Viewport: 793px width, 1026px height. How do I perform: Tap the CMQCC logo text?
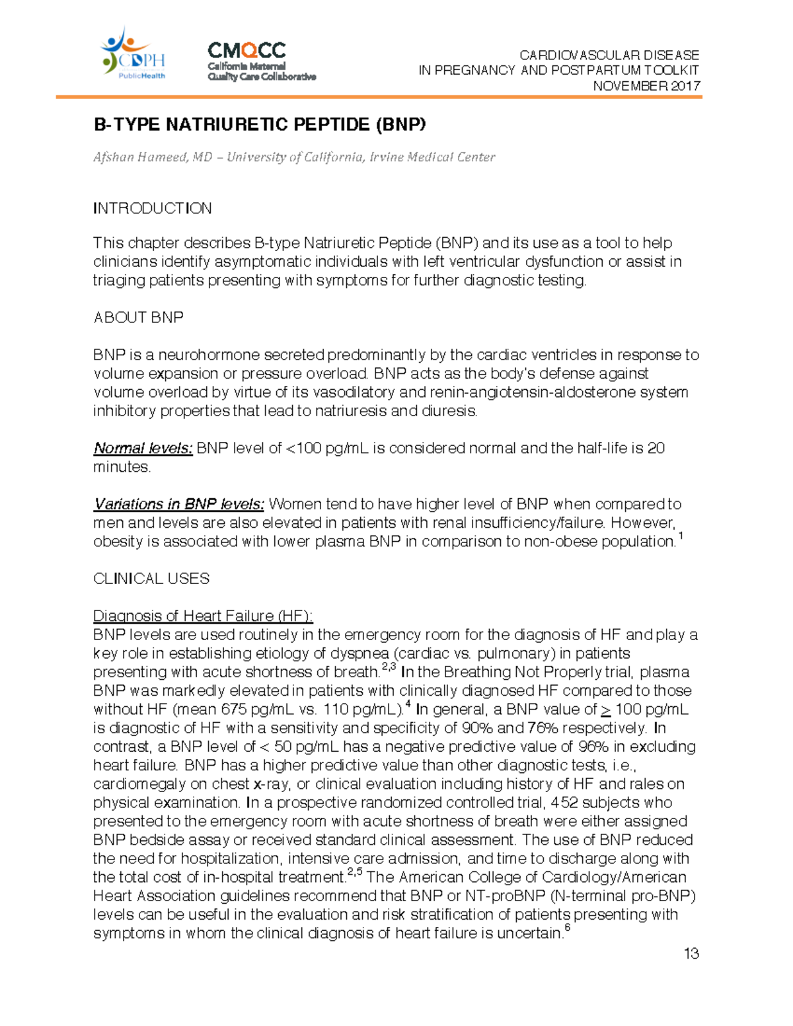point(246,51)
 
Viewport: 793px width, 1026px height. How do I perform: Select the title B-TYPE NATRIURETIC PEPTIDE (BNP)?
point(260,125)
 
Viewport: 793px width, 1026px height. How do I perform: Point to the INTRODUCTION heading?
point(153,209)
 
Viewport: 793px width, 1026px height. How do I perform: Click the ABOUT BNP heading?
point(139,318)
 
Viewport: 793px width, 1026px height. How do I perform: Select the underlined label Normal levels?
point(143,449)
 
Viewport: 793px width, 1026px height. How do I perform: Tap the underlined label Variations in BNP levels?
point(178,505)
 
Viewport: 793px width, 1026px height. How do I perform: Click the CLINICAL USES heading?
point(151,579)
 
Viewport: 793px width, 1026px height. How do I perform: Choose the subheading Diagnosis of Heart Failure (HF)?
point(203,616)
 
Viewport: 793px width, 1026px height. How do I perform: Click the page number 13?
point(691,953)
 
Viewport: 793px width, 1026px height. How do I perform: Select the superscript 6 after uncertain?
point(568,929)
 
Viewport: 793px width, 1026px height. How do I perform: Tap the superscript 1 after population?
point(681,536)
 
